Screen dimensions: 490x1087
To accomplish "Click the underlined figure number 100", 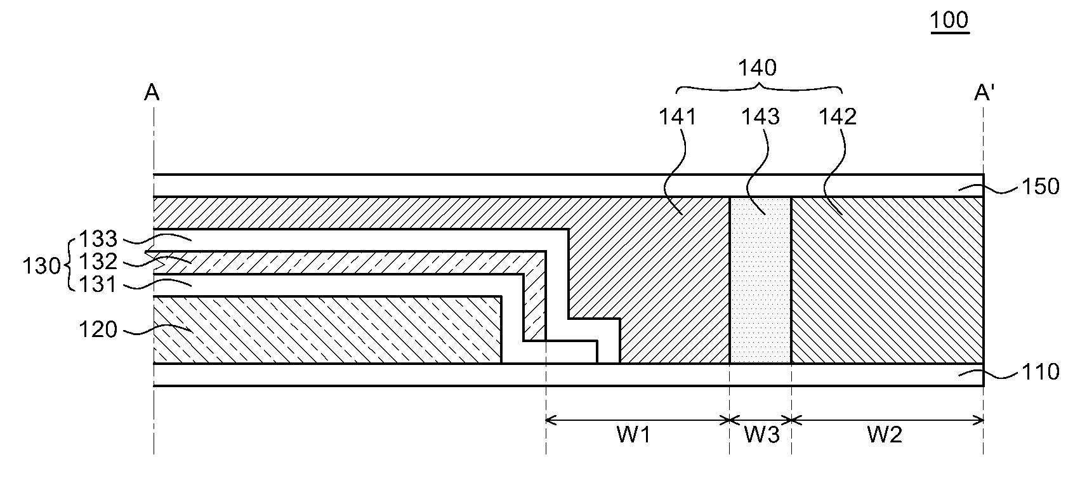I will pos(949,20).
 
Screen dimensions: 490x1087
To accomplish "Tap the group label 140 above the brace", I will pos(758,67).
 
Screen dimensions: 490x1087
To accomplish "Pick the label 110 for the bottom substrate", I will pos(1039,371).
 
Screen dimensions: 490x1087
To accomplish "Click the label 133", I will pos(98,239).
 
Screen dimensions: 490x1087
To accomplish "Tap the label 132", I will pos(98,262).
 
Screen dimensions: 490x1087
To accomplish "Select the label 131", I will pos(98,284).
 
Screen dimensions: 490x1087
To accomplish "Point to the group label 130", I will pos(41,265).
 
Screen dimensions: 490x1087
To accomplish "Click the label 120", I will pos(98,329).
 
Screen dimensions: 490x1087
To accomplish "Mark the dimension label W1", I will pos(633,435).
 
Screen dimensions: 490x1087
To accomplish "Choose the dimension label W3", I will pos(761,435).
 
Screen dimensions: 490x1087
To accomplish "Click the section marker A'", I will pos(984,93).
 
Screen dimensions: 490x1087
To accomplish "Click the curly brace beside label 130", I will pos(69,262).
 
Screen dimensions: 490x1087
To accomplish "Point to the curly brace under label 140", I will pos(759,87).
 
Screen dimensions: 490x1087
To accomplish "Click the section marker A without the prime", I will pos(152,93).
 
